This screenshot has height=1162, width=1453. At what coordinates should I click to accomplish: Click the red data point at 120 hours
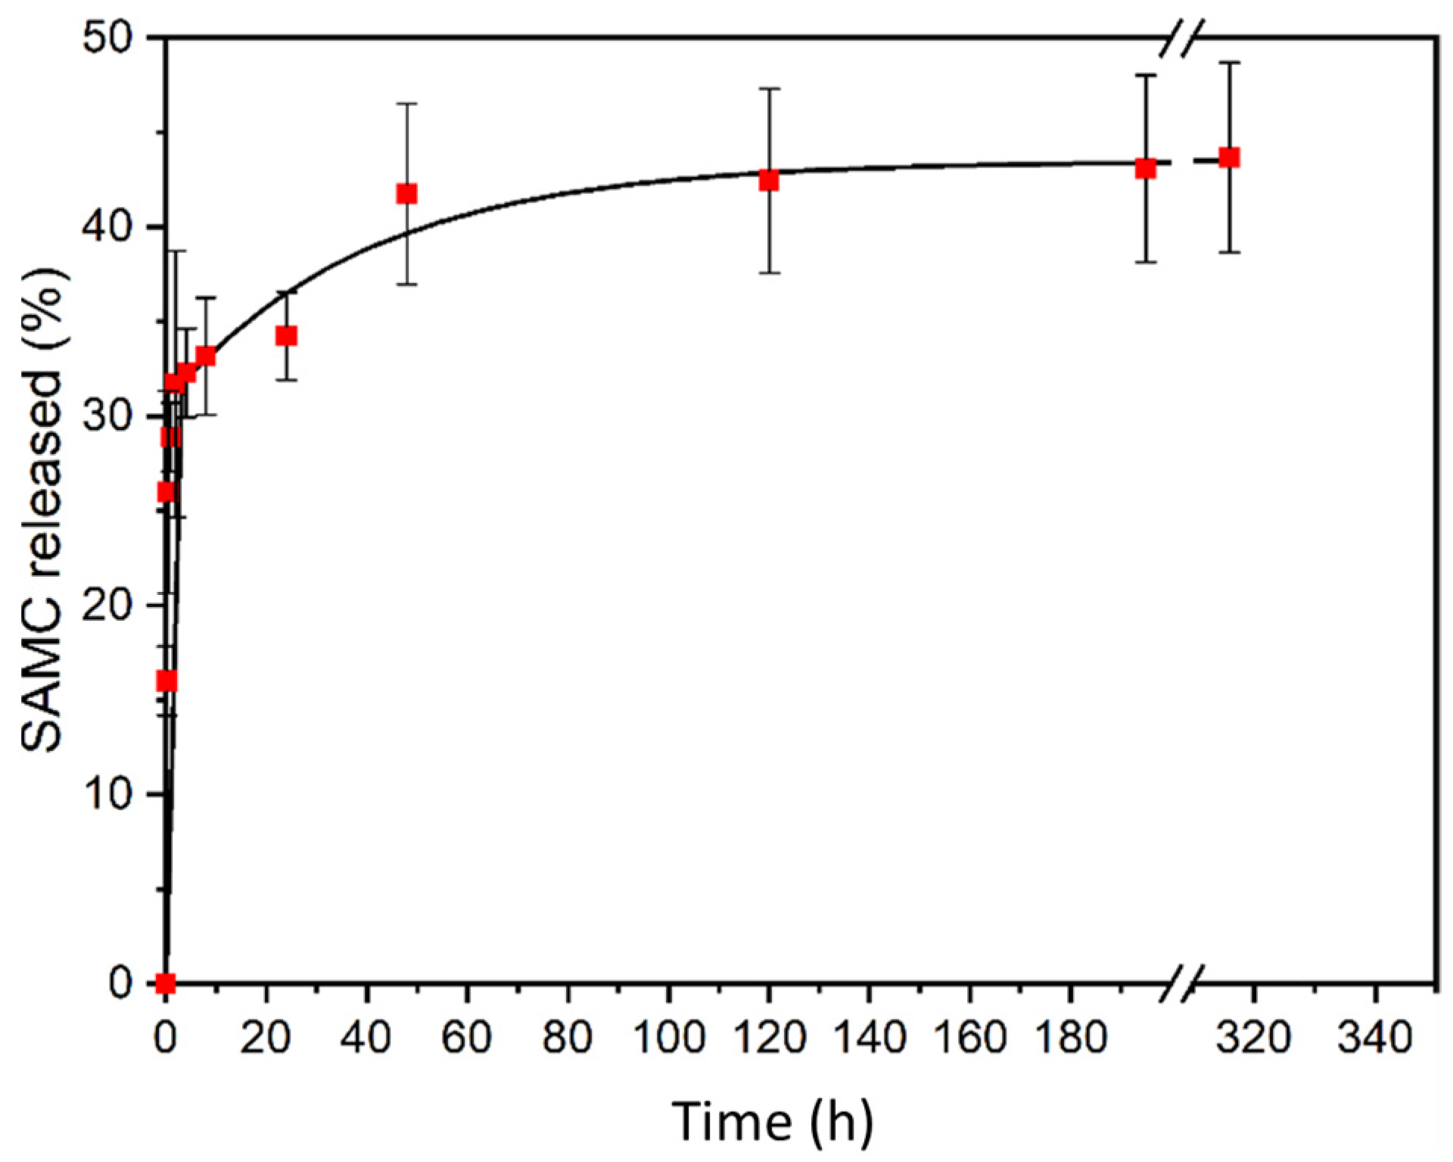769,180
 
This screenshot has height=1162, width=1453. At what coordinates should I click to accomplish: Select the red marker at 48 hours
407,194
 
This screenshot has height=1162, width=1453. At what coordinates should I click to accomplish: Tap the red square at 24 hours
286,335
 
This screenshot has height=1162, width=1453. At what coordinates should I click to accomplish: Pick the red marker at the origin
166,983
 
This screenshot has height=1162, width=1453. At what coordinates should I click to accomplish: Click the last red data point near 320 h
1229,157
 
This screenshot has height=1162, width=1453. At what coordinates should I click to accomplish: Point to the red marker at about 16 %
166,681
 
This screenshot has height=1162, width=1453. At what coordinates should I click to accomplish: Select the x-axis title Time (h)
772,1122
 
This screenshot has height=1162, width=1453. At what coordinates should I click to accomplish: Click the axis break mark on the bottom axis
1181,983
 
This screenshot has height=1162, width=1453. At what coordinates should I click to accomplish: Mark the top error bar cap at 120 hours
769,89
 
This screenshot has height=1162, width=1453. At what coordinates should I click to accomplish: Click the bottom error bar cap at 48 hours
407,284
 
